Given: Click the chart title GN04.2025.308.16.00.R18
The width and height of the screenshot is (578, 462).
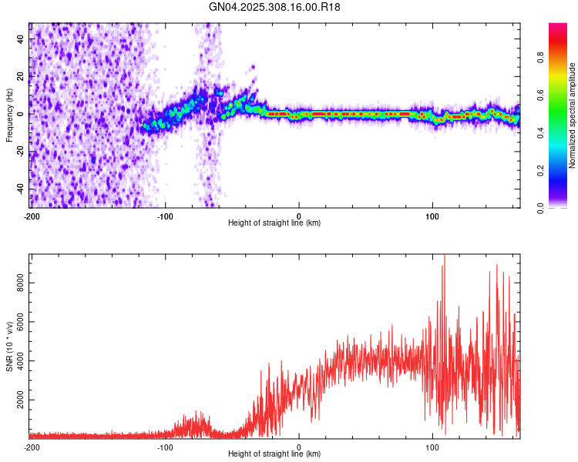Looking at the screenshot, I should pos(275,7).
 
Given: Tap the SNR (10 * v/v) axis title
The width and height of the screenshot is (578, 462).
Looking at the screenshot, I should pos(9,346).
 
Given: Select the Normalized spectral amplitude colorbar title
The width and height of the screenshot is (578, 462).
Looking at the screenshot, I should pos(573,116).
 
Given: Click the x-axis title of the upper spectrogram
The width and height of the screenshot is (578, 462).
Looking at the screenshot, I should pos(274,223).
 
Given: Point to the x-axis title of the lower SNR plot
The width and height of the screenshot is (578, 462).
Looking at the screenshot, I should pos(274,454).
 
